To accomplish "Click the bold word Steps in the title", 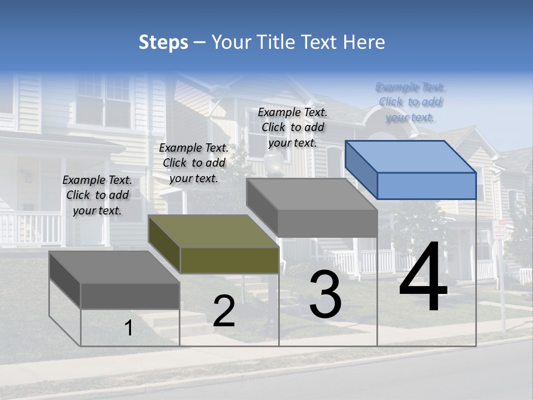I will pos(163,42).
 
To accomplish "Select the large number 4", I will pos(423,278).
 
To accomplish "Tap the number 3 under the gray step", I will pos(325,295).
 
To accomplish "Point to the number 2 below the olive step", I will pos(224,311).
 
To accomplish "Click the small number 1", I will pos(128,328).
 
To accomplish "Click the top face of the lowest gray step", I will pos(114,267).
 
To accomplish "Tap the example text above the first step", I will pos(97,195).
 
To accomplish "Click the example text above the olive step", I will pos(194,163).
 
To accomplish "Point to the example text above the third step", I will pos(293,127).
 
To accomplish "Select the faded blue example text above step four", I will pos(410,102).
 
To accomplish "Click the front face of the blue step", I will pos(426,186).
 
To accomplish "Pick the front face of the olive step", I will pos(229,260).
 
